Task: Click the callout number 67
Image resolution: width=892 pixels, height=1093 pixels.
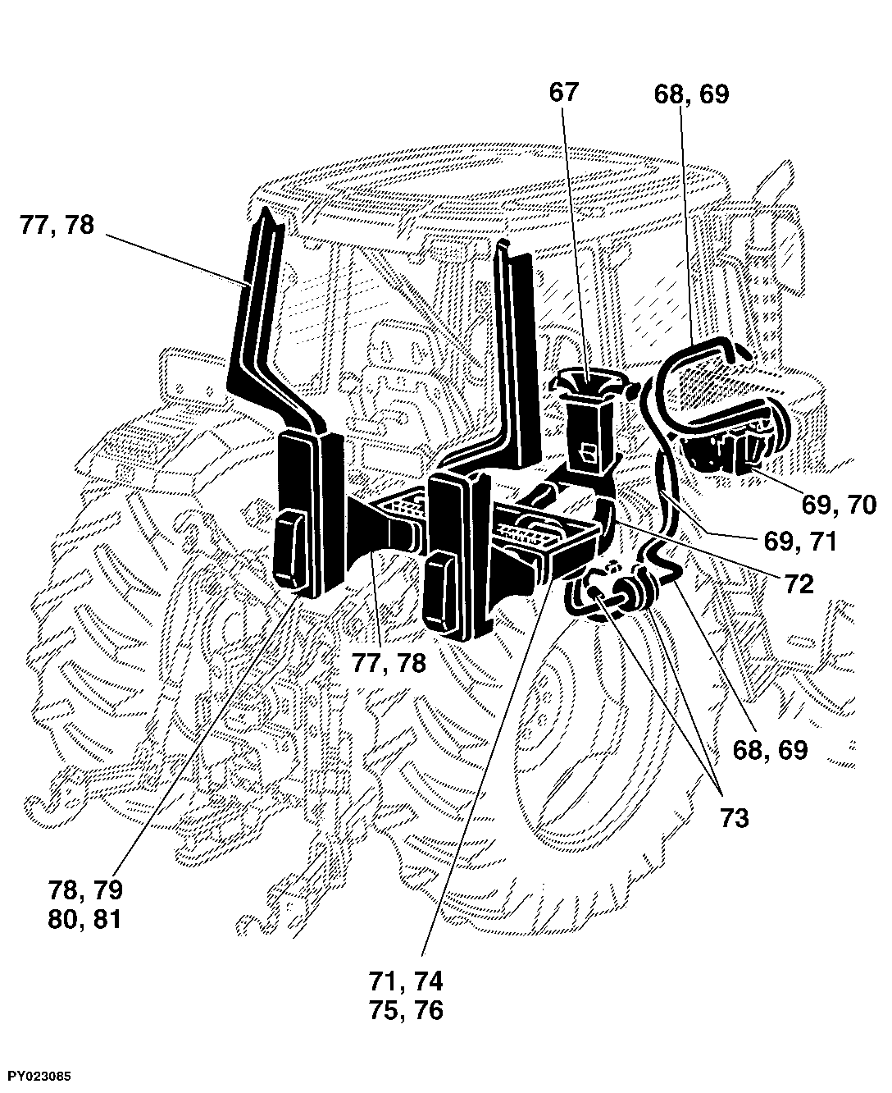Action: [x=563, y=93]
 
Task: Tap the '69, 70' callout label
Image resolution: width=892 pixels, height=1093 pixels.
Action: [x=840, y=505]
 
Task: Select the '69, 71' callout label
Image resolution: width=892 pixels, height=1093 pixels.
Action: [x=800, y=542]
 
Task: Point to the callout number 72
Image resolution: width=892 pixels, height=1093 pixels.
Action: [x=799, y=584]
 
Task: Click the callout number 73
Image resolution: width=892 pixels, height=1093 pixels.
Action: [x=734, y=818]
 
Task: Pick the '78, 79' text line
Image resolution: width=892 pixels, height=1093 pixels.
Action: [x=85, y=889]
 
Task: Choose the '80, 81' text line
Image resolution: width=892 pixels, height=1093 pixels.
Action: [x=84, y=920]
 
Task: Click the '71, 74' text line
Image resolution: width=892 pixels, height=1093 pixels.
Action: [x=406, y=981]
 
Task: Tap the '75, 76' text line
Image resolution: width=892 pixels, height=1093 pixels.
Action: [x=407, y=1011]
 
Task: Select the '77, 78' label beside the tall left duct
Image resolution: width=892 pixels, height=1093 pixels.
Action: [x=57, y=226]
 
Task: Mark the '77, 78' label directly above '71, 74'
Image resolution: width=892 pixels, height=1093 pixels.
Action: [x=389, y=663]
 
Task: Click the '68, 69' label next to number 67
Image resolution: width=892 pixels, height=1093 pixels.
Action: [x=691, y=95]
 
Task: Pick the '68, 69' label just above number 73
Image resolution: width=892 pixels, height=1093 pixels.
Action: [x=771, y=750]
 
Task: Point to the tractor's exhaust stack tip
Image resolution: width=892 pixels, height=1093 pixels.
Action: [x=788, y=167]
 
